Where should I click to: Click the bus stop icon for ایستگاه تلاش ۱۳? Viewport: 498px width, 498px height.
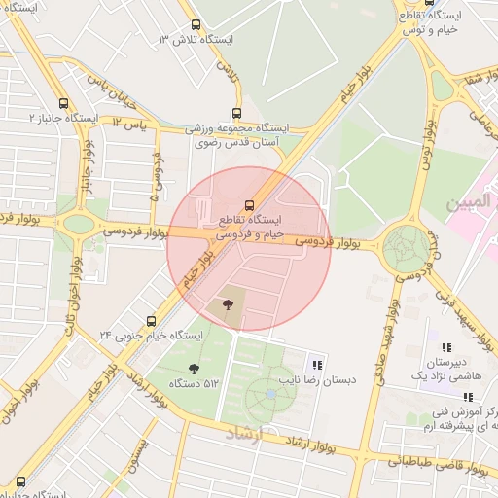coord(196,25)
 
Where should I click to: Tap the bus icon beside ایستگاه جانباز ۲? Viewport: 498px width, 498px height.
coord(64,104)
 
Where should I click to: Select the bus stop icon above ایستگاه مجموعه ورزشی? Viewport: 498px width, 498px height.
coord(238,114)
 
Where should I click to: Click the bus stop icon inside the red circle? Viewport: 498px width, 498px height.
coord(250,204)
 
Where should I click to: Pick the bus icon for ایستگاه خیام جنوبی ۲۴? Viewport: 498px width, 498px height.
coord(151,321)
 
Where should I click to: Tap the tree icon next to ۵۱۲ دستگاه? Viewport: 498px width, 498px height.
coord(194,369)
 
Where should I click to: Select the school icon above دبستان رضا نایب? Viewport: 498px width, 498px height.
coord(316,364)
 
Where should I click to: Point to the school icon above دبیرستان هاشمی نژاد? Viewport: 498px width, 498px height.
coord(446,348)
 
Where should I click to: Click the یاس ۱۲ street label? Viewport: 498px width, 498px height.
coord(127,123)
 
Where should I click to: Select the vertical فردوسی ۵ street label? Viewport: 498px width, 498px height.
coord(155,174)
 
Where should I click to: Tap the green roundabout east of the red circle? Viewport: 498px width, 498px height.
coord(404,248)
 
